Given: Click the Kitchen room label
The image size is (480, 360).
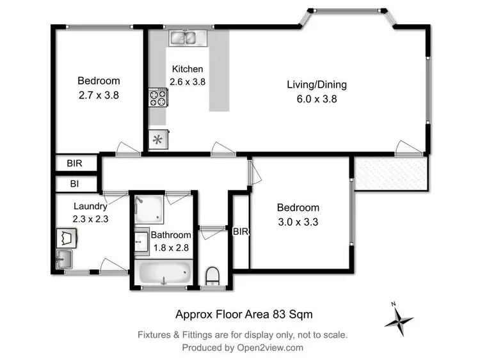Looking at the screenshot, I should point(186,69).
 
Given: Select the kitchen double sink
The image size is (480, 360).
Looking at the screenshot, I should point(186,38).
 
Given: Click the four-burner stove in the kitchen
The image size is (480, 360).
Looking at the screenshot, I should point(158,98).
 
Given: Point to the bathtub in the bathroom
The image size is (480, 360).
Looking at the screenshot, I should point(164,273).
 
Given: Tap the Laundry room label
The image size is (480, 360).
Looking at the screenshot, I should point(90,206).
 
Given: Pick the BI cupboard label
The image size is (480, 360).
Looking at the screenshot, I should point(75,184).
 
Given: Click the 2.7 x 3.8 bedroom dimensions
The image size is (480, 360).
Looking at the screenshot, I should point(98,95).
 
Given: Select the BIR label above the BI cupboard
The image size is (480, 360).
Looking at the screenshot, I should point(75,164).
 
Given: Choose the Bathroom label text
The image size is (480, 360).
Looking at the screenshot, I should point(170,235).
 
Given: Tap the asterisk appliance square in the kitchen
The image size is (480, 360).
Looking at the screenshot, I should point(158,139).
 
